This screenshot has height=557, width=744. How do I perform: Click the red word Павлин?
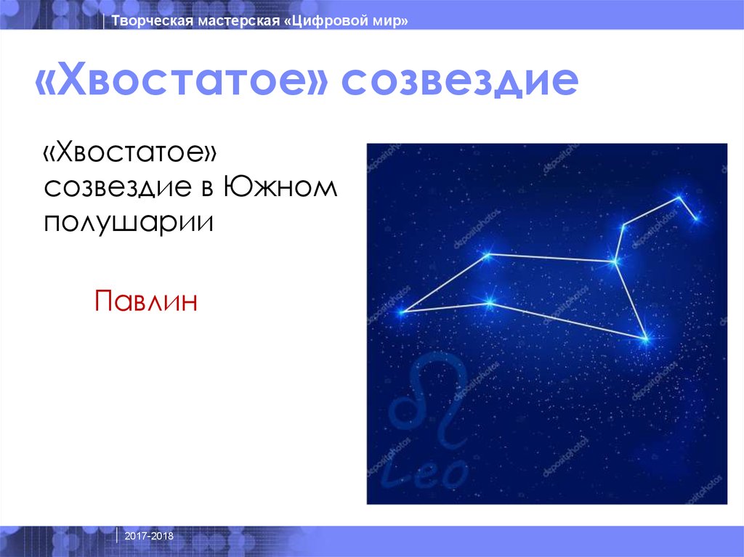tap(146, 300)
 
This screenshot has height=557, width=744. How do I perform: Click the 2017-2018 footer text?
tap(149, 536)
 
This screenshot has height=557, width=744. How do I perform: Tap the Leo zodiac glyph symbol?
tap(429, 403)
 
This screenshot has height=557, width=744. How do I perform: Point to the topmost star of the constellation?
tap(679, 197)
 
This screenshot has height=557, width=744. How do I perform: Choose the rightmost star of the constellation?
tap(697, 218)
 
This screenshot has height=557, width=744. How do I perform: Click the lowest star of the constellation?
tap(644, 338)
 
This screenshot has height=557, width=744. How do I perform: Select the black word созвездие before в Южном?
tap(118, 187)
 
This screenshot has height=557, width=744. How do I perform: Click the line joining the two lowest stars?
tap(567, 320)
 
